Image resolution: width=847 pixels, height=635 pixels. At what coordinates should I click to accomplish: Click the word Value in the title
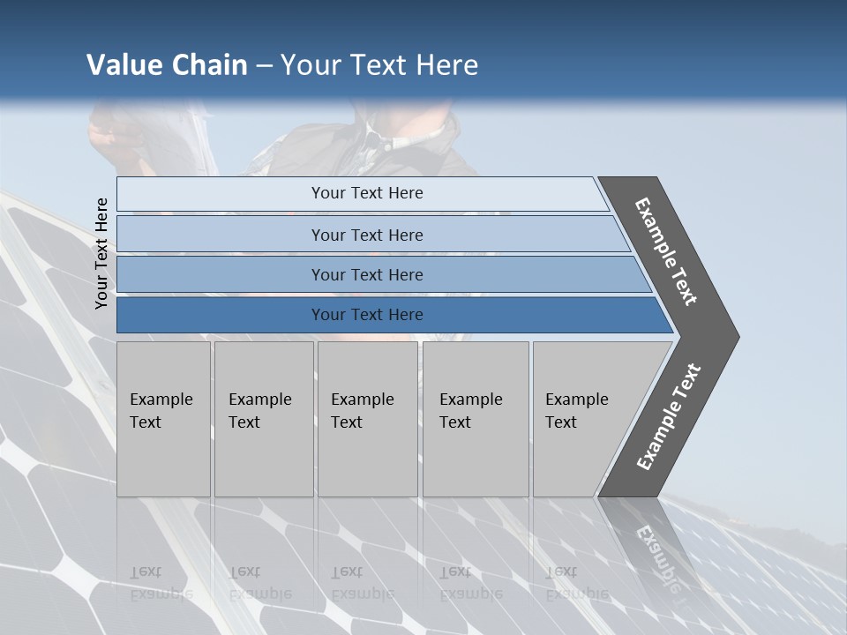click(x=122, y=65)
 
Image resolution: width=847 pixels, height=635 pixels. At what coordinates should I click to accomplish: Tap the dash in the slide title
click(x=264, y=66)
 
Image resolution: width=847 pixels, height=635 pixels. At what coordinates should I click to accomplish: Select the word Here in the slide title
click(x=446, y=65)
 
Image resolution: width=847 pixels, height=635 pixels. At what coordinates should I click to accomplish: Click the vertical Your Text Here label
click(x=101, y=254)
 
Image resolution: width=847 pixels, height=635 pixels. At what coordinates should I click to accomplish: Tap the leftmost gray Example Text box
click(x=163, y=419)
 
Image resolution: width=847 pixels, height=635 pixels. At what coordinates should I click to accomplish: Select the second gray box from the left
click(x=263, y=419)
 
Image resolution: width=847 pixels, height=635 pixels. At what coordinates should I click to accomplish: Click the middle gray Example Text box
click(x=367, y=419)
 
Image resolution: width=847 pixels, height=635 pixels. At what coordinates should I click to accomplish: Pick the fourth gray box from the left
click(x=475, y=419)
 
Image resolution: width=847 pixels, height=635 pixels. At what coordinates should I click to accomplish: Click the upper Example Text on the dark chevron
click(x=666, y=251)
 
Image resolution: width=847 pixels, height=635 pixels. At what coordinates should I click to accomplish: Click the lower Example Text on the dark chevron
click(x=669, y=417)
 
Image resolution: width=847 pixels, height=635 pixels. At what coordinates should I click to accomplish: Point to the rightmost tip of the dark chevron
click(x=738, y=336)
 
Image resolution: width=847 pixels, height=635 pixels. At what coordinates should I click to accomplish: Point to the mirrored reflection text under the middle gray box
click(x=362, y=583)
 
